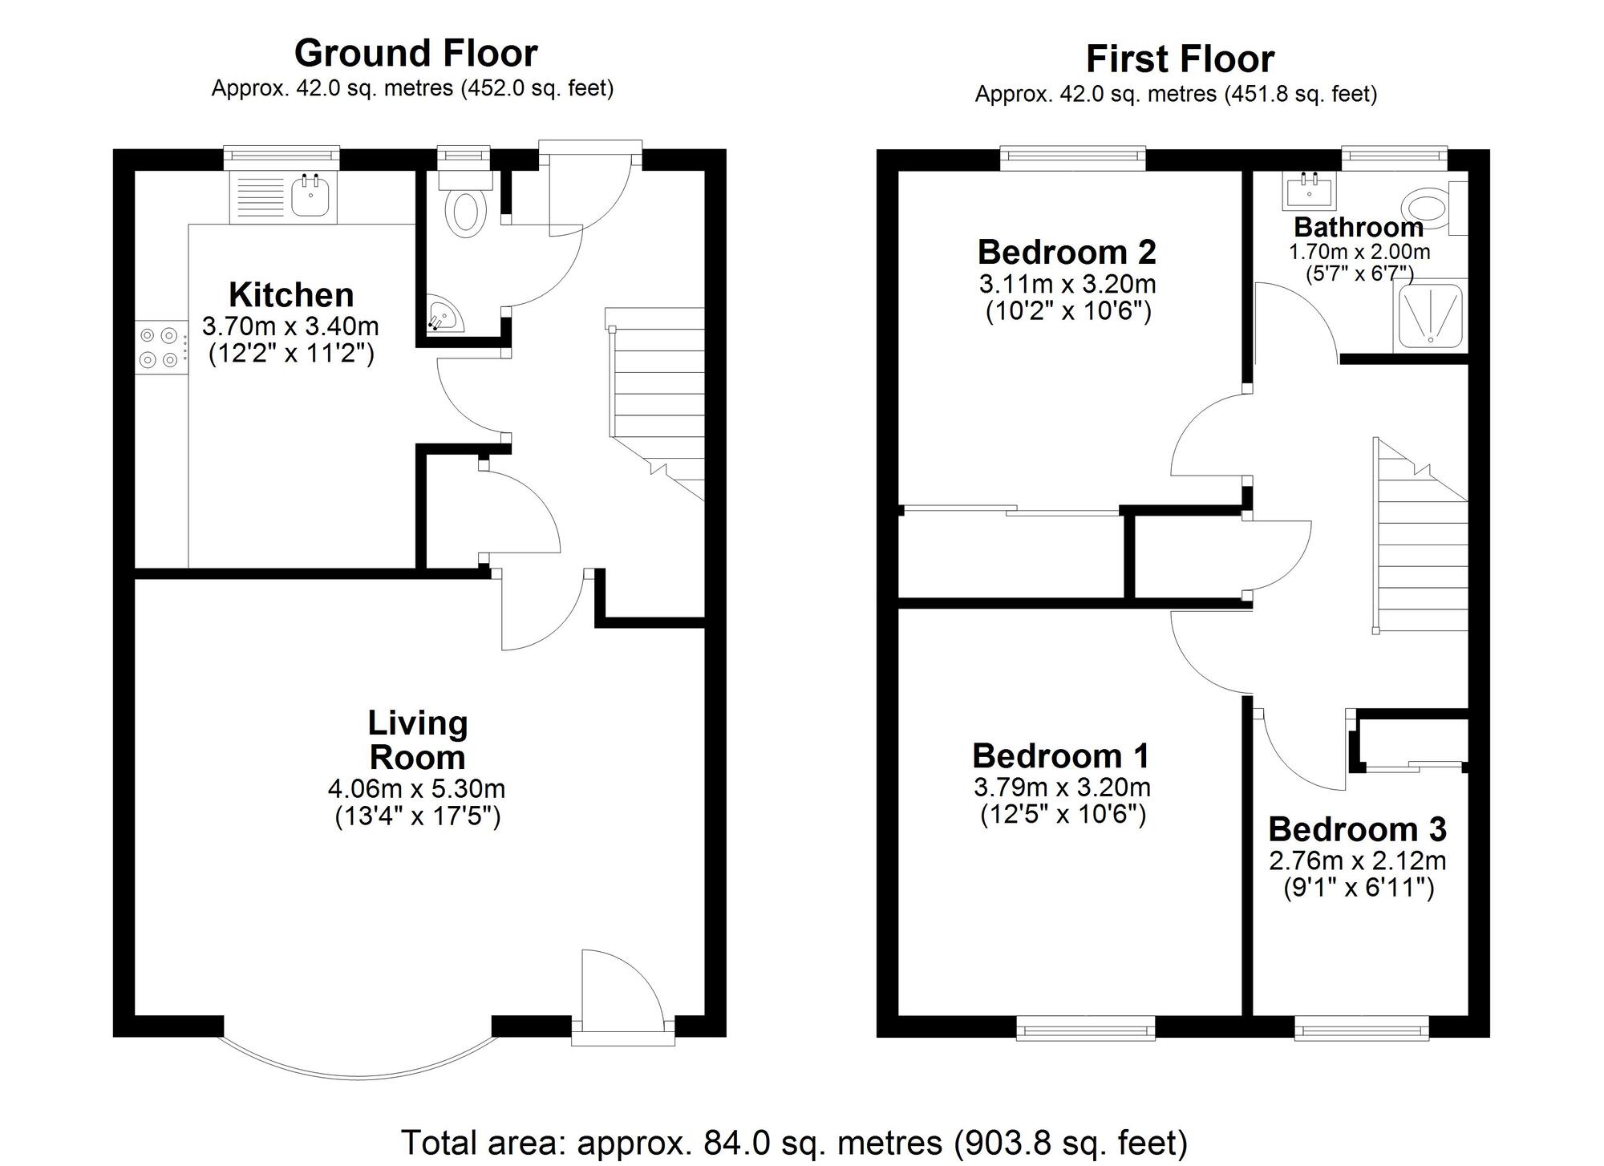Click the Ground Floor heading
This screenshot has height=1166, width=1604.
pos(415,53)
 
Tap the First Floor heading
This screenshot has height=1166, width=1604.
pos(1180,59)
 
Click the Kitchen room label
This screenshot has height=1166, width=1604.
pos(291,295)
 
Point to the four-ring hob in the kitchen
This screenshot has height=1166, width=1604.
pos(158,347)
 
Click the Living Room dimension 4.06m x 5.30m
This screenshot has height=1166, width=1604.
pos(416,789)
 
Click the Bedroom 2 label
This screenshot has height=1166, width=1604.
pos(1067,253)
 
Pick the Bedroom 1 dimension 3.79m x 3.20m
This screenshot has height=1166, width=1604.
pos(1062,787)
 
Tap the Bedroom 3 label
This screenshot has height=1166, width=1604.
pos(1357,829)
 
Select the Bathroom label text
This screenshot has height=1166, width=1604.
pos(1359,227)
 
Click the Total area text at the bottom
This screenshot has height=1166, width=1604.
pos(793,1142)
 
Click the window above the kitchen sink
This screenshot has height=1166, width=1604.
pos(281,157)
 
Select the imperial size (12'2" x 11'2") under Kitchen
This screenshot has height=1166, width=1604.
pos(291,354)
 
